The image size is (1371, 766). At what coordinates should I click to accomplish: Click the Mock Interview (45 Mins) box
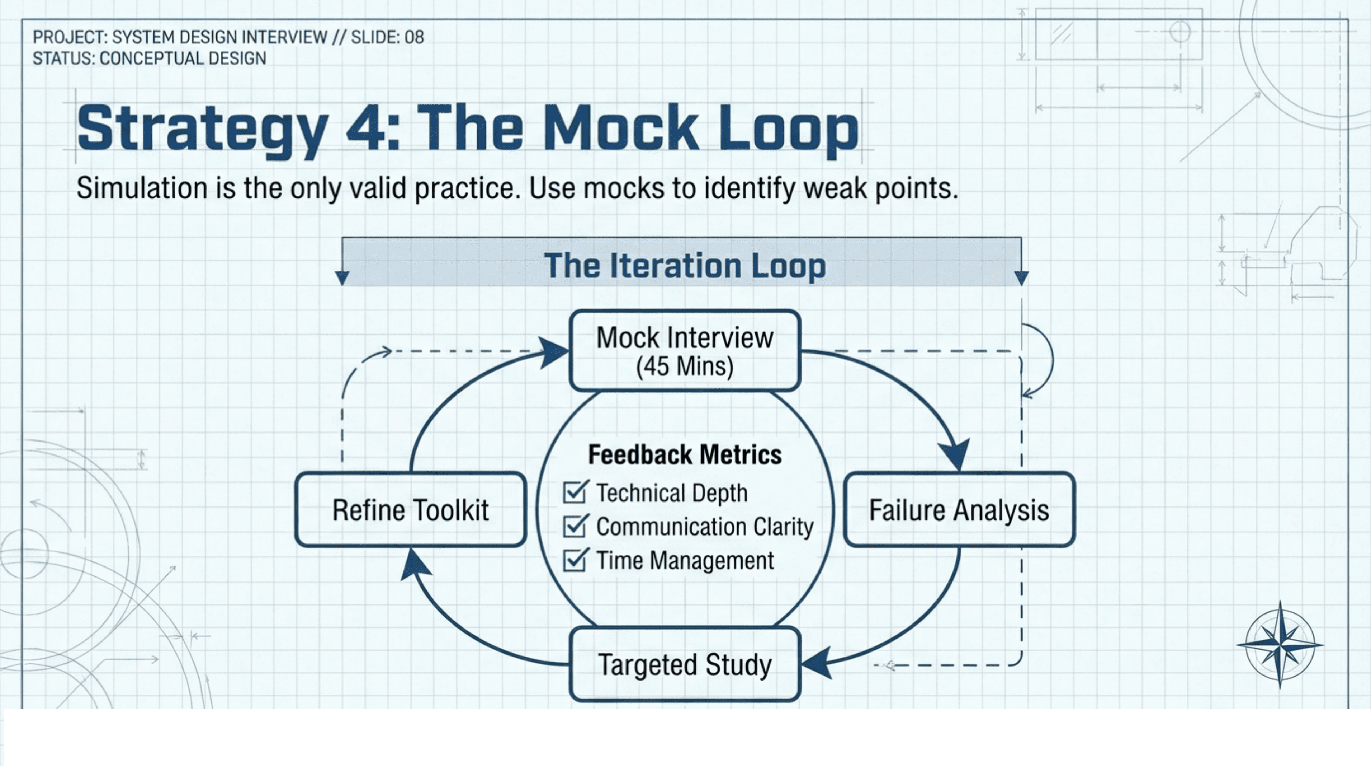point(685,350)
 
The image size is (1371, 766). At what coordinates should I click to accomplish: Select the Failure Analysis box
point(959,510)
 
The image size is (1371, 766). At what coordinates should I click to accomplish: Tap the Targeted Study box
point(685,664)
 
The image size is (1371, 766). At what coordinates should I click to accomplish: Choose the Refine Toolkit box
point(410,510)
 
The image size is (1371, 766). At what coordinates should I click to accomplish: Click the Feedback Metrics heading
point(685,454)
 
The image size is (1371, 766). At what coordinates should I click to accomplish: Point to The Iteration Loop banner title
point(685,265)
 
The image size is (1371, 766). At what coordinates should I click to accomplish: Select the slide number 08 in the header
point(414,37)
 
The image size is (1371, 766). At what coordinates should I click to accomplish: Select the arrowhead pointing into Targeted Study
point(817,663)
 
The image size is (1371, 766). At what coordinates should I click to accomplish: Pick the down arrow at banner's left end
point(342,277)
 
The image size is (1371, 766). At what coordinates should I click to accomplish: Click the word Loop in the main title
point(789,128)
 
